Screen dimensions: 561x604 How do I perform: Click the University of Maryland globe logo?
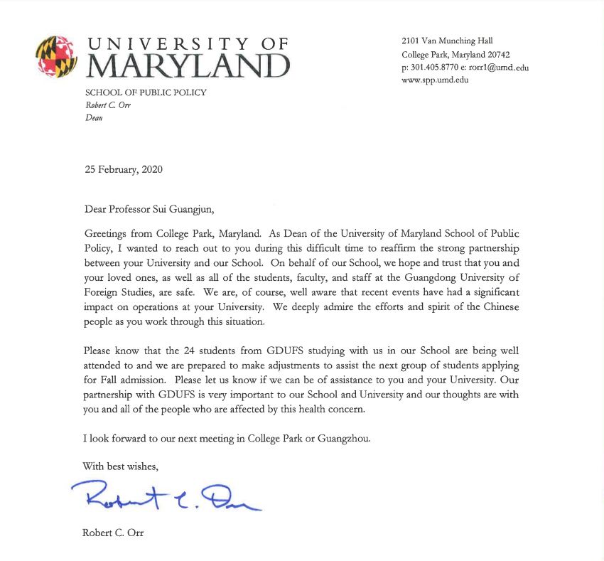click(x=56, y=57)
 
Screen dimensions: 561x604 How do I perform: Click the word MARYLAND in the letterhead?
click(x=188, y=65)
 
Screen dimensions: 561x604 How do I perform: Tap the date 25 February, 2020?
click(x=123, y=169)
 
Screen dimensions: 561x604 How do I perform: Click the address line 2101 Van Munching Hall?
click(x=447, y=41)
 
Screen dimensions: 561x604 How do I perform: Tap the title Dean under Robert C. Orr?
click(x=94, y=118)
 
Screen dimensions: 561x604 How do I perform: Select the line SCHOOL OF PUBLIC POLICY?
click(x=146, y=92)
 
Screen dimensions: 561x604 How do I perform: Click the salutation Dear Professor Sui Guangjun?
click(x=149, y=209)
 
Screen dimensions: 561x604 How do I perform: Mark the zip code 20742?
click(x=495, y=55)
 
